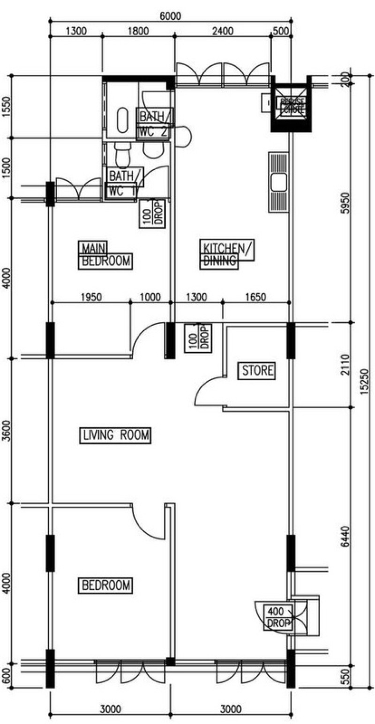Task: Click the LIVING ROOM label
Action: pos(114,435)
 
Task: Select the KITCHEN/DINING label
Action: pos(226,254)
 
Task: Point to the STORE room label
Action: pos(257,370)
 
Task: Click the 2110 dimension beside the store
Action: pos(345,364)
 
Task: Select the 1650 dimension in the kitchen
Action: pos(256,297)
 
